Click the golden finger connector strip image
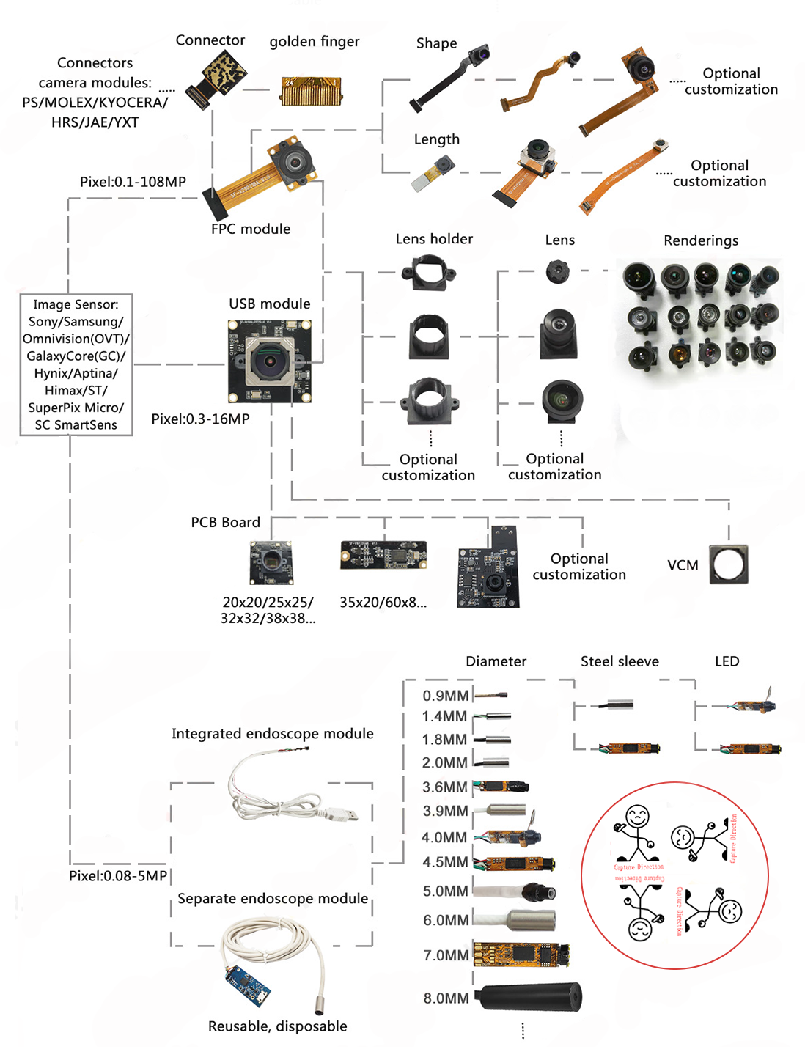[311, 91]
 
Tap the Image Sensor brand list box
[76, 364]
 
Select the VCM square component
[729, 564]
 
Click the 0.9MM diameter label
[445, 696]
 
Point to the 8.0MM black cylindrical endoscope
[530, 997]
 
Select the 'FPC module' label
[251, 229]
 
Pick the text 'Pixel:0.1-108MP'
[133, 182]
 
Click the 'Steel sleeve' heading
[620, 661]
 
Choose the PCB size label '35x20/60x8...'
[383, 603]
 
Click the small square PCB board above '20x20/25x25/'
[271, 562]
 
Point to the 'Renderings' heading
[701, 240]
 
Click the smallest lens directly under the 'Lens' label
[558, 272]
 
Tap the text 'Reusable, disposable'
[277, 1026]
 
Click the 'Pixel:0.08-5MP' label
[118, 876]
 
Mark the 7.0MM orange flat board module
[520, 954]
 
